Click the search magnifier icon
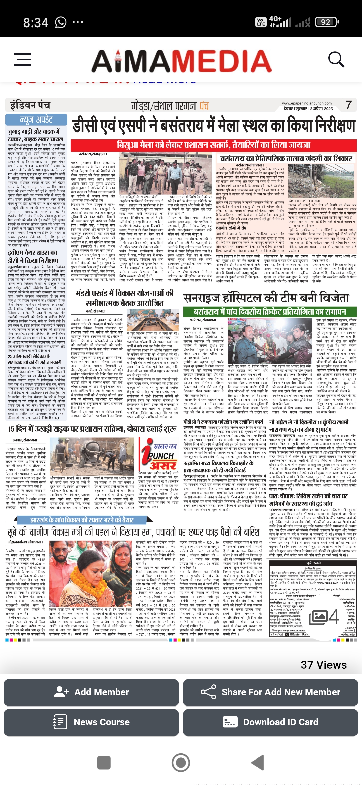tap(336, 60)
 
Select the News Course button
tap(91, 722)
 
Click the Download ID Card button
tap(270, 722)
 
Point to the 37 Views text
tap(323, 665)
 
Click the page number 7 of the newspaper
tap(349, 105)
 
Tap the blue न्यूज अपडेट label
tap(36, 120)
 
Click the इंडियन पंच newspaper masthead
tap(30, 105)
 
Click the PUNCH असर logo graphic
tap(159, 454)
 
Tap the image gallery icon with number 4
tap(324, 617)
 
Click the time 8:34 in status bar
tap(36, 22)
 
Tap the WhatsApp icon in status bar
tap(61, 22)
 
